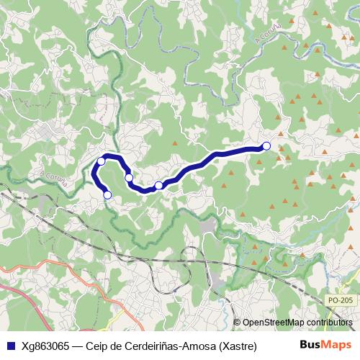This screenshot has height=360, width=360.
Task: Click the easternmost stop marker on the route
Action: pos(266,146)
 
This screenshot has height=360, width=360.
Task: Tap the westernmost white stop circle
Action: pos(102,161)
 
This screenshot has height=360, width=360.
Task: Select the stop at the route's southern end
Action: pos(108,194)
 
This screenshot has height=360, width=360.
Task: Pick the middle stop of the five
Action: pos(129,177)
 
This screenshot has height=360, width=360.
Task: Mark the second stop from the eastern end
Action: pos(159,186)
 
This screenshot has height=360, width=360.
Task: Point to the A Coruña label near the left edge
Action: pos(54,178)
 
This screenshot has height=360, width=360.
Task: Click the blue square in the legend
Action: pos(10,346)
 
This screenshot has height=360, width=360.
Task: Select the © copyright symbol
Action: pos(237,323)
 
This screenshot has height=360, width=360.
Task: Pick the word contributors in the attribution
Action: pos(330,323)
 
